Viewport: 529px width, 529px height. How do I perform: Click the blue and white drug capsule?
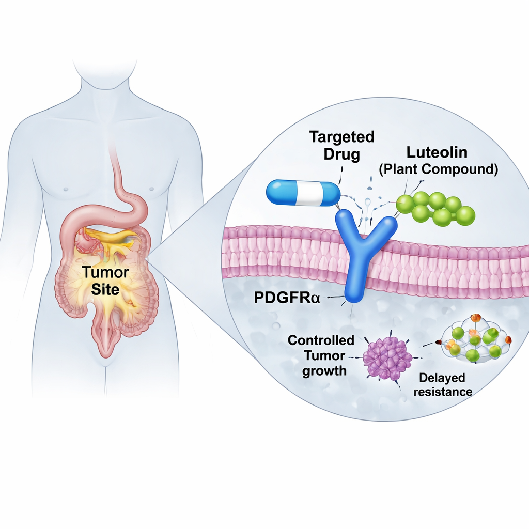point(303,193)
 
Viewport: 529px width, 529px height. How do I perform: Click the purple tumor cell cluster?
point(387,357)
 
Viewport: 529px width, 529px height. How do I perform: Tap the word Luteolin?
point(437,152)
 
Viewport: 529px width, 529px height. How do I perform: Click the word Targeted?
point(341,137)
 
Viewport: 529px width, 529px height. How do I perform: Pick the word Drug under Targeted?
point(341,154)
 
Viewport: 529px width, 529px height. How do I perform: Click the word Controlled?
point(321,340)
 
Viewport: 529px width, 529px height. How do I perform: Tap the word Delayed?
point(442,378)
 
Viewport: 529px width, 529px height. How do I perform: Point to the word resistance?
point(443,392)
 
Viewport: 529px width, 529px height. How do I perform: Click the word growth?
point(324,370)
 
